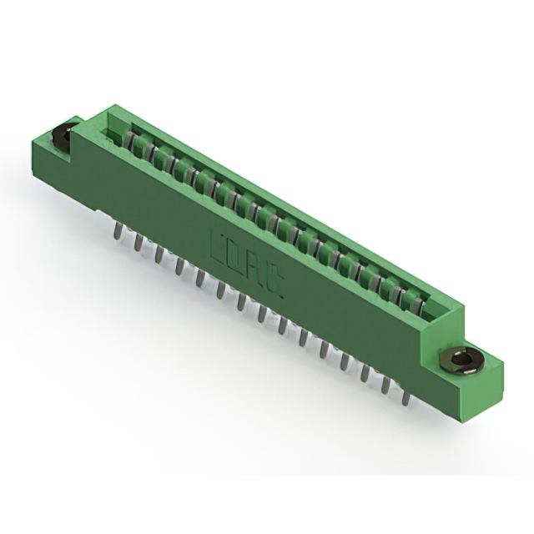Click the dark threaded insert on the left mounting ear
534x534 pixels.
click(64, 133)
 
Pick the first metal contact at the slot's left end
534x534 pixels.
click(129, 139)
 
